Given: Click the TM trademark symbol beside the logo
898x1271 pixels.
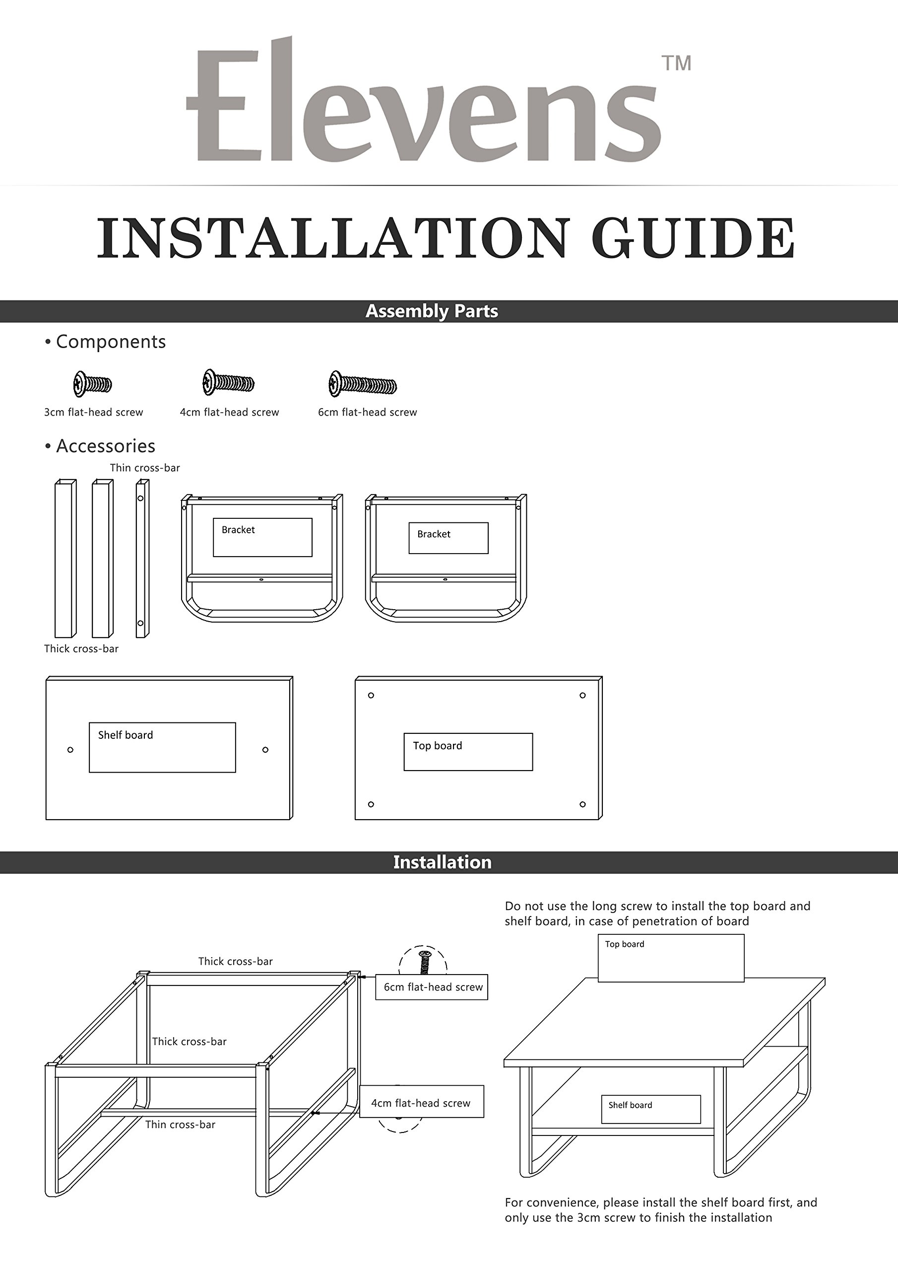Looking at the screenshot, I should click(676, 63).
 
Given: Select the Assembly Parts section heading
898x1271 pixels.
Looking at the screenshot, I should click(432, 311).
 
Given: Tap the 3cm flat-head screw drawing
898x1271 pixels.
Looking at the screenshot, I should click(92, 384).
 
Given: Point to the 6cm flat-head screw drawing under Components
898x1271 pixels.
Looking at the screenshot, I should click(362, 384).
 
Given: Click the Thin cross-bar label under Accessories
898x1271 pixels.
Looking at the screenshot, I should click(144, 468).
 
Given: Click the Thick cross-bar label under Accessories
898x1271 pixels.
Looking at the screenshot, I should click(81, 649).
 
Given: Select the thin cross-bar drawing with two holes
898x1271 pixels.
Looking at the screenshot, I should click(142, 559).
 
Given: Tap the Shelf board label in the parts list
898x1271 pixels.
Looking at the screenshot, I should click(126, 735).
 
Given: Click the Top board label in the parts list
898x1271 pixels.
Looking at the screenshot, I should click(437, 746).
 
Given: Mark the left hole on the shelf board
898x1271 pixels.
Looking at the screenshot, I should click(70, 750).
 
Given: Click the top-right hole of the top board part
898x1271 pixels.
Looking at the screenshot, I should click(582, 695).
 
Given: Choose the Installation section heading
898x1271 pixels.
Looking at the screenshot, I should click(442, 862).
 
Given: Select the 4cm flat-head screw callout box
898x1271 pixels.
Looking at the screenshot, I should click(422, 1103).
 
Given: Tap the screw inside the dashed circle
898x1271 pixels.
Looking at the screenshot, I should click(424, 962).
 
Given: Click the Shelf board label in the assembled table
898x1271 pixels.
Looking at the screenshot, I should click(630, 1105).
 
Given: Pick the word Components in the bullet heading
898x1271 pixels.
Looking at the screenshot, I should click(111, 342).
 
